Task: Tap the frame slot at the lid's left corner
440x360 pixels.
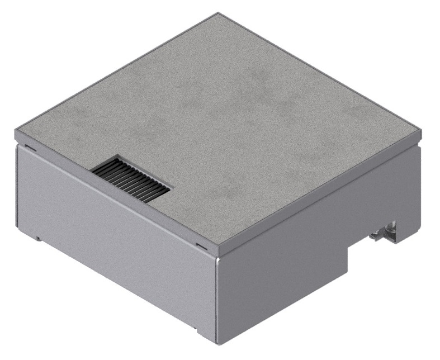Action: [30, 149]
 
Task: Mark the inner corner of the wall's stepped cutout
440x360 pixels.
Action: [349, 247]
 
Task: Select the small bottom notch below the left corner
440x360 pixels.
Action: [39, 239]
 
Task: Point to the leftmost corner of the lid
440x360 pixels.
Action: [15, 133]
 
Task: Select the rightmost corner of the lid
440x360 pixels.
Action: [422, 132]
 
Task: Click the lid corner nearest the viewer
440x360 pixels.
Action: [217, 249]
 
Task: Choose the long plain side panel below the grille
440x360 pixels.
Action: [112, 235]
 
